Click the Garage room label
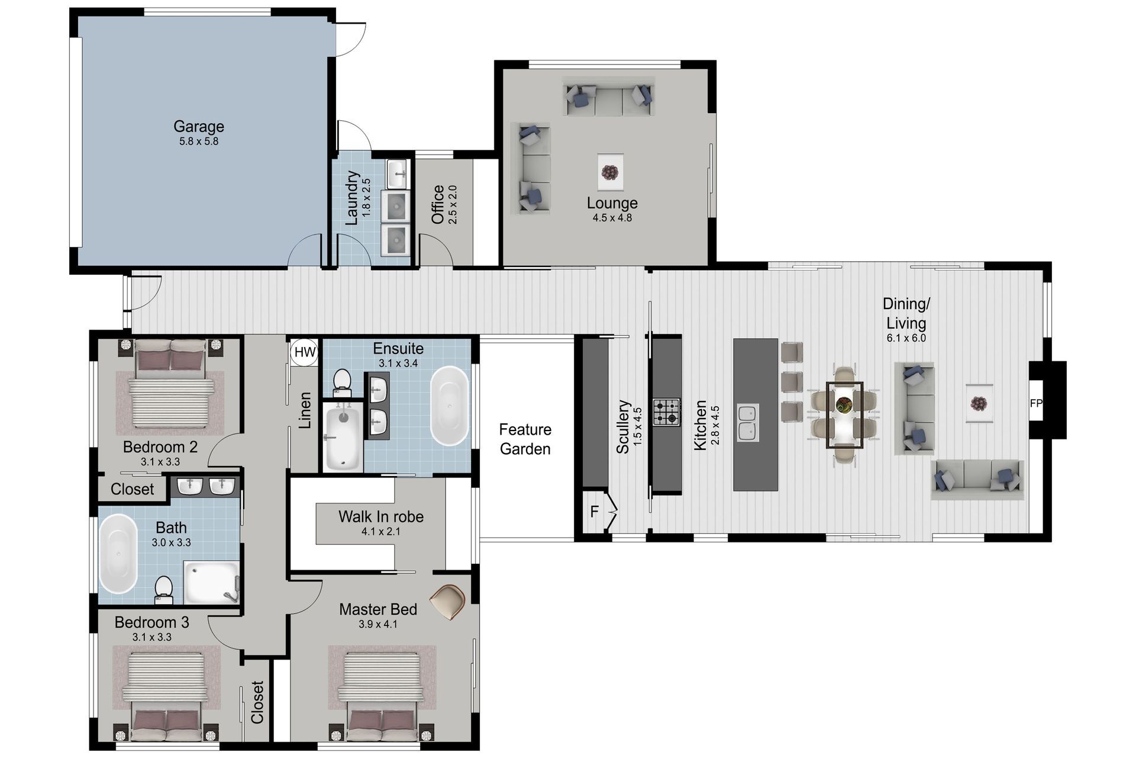pyautogui.click(x=198, y=126)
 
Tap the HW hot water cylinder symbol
pyautogui.click(x=305, y=352)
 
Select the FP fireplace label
pyautogui.click(x=1035, y=403)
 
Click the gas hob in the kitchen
pyautogui.click(x=666, y=412)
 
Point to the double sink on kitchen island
pyautogui.click(x=748, y=423)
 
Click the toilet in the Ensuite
pyautogui.click(x=341, y=382)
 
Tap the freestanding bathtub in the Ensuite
pyautogui.click(x=449, y=406)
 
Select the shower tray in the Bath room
pyautogui.click(x=211, y=583)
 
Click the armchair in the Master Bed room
pyautogui.click(x=448, y=601)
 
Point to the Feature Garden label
pyautogui.click(x=525, y=439)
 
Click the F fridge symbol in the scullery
pyautogui.click(x=595, y=511)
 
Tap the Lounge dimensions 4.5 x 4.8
pyautogui.click(x=612, y=218)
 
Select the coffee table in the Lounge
pyautogui.click(x=610, y=172)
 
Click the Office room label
pyautogui.click(x=438, y=204)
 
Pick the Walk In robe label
pyautogui.click(x=380, y=516)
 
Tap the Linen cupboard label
pyautogui.click(x=305, y=410)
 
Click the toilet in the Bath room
pyautogui.click(x=163, y=590)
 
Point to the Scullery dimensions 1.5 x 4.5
pyautogui.click(x=637, y=426)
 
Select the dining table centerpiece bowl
pyautogui.click(x=844, y=405)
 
